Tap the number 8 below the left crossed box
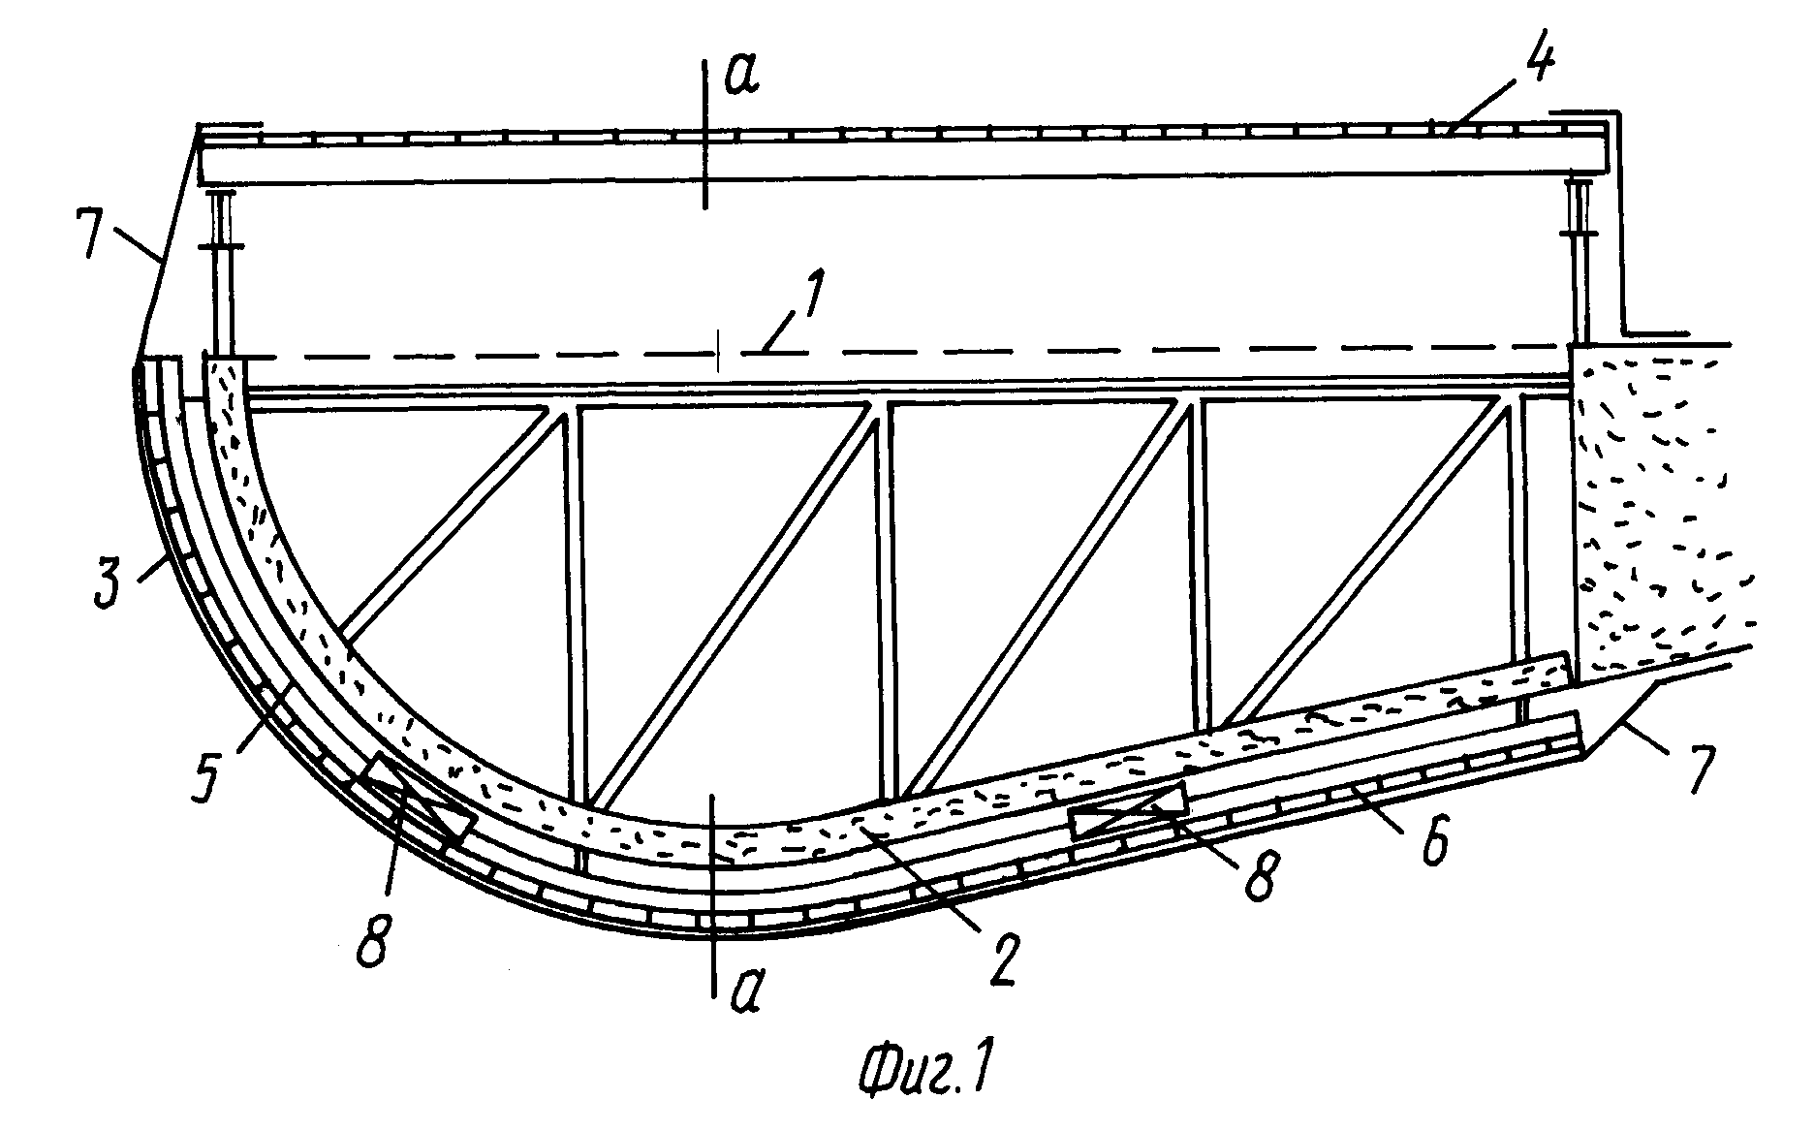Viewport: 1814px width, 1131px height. [374, 936]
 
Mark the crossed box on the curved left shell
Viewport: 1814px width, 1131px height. [417, 799]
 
